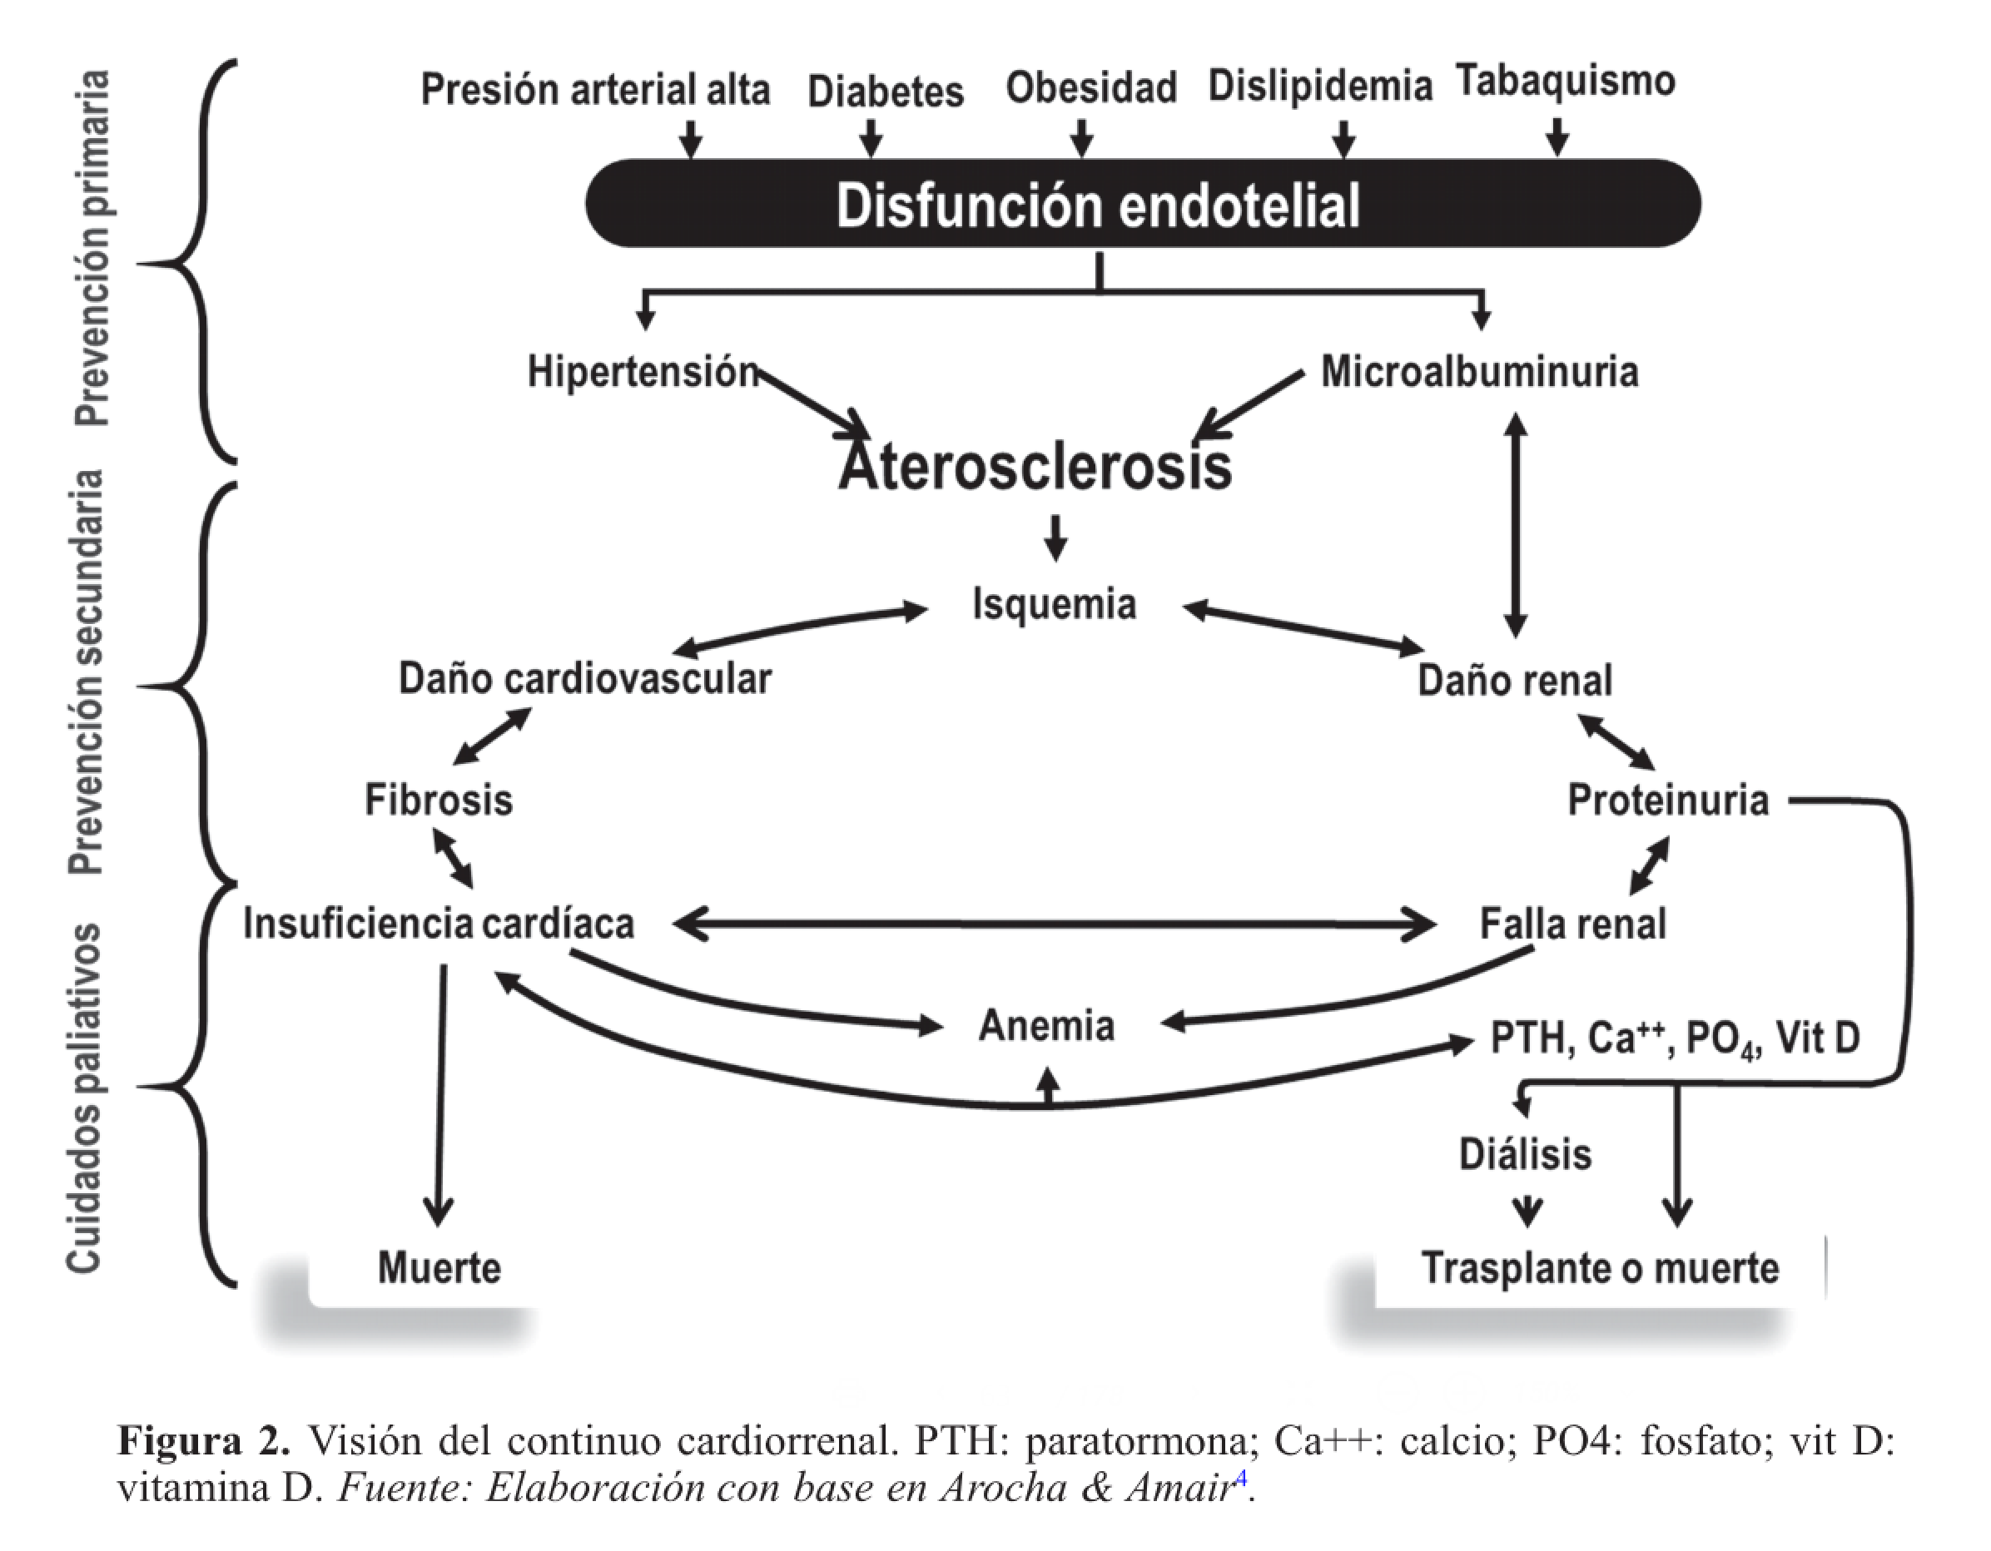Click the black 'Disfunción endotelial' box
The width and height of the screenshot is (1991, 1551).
click(1142, 203)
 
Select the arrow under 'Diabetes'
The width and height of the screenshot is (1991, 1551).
click(871, 138)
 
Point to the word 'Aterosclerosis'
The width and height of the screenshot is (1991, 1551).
click(1035, 467)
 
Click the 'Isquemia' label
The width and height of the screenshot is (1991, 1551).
click(1054, 604)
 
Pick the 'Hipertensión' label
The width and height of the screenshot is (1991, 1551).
click(643, 372)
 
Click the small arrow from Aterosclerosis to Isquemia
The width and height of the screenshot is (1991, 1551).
click(1055, 538)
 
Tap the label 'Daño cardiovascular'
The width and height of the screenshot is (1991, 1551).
click(584, 679)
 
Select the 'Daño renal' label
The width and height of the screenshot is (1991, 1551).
click(1514, 681)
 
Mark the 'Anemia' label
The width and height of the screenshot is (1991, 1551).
click(1046, 1026)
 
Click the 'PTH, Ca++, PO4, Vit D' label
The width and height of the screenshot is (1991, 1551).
click(1675, 1038)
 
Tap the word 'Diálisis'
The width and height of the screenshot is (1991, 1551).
click(1525, 1155)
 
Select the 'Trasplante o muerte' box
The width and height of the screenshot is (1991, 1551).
click(1600, 1267)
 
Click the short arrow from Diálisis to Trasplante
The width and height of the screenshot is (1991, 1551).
click(1527, 1210)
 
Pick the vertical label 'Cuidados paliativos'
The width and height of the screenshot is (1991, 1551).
click(85, 1098)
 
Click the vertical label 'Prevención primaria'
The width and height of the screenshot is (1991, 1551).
click(92, 248)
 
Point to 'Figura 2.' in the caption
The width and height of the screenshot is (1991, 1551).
click(203, 1440)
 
